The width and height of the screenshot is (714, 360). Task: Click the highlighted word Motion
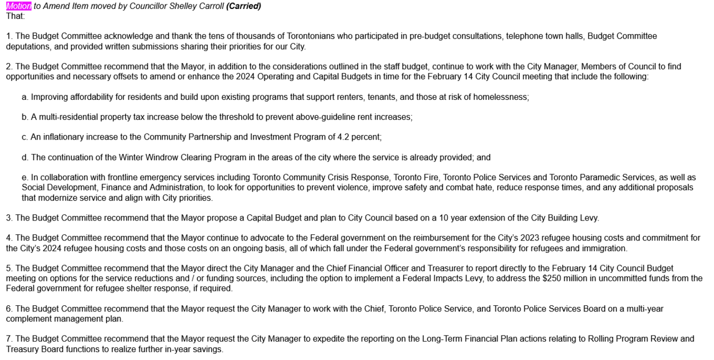(x=18, y=6)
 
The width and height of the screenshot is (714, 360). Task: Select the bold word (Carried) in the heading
(x=244, y=6)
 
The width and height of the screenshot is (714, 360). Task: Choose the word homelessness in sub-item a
(x=500, y=97)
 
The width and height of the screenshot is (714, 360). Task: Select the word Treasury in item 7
(x=22, y=349)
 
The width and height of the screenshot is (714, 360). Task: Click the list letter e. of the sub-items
(x=25, y=177)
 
